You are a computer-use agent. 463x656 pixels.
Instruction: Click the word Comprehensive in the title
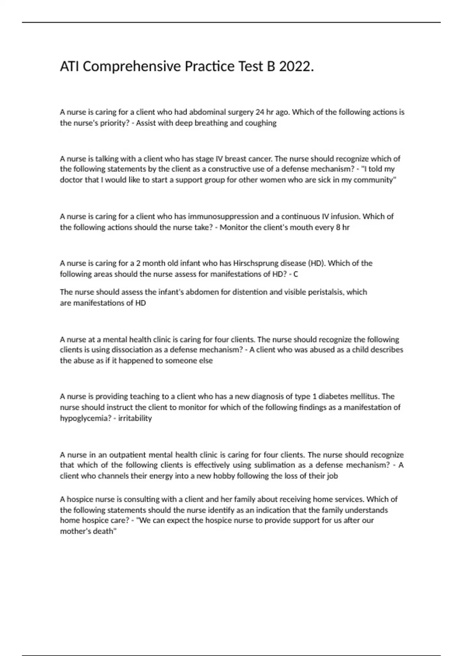[x=132, y=67]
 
